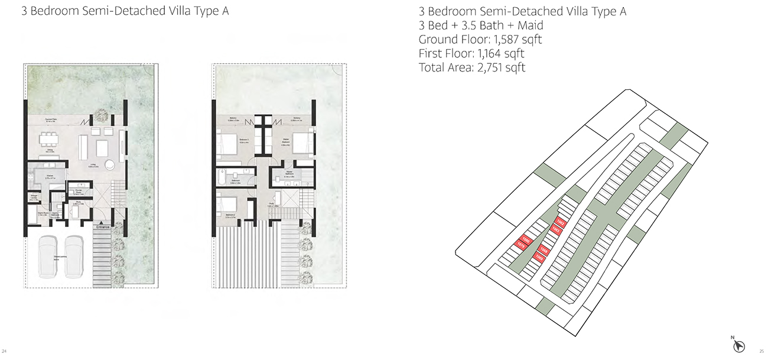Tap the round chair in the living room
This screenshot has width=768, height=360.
point(111,165)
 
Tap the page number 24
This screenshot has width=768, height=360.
point(5,351)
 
